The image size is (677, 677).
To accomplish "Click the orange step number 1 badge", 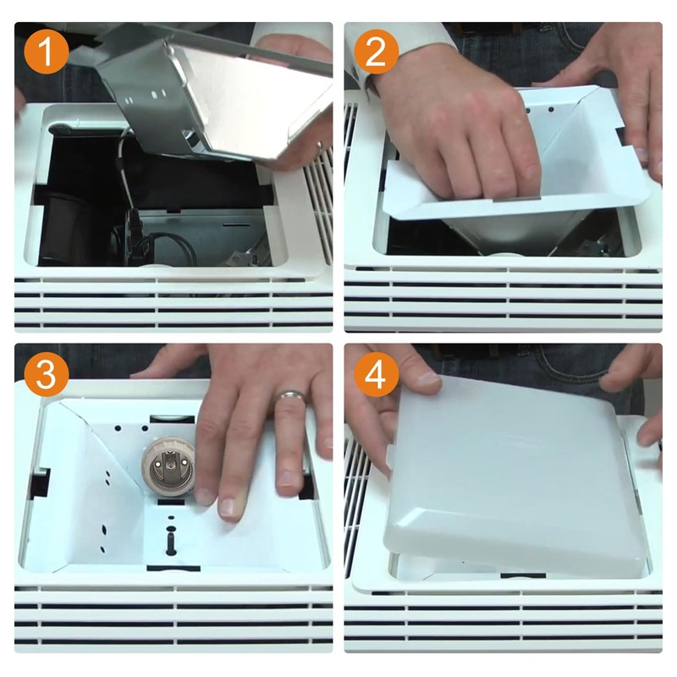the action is pos(47,52).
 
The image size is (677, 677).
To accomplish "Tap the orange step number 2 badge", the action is pos(376,52).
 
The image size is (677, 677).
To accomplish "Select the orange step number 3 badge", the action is pos(47,375).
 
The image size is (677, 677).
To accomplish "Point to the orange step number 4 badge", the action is pos(376,375).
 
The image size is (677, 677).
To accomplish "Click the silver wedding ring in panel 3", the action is pos(289,395).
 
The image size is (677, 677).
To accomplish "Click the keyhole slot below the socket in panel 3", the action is pos(170,540).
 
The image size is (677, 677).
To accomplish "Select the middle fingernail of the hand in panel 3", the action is pos(228,509).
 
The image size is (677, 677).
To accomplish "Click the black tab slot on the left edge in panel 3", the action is pos(40,482).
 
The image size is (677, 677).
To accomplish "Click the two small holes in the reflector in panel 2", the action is pos(540,111).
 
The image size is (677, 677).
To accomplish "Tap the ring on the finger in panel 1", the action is pos(319,145).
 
